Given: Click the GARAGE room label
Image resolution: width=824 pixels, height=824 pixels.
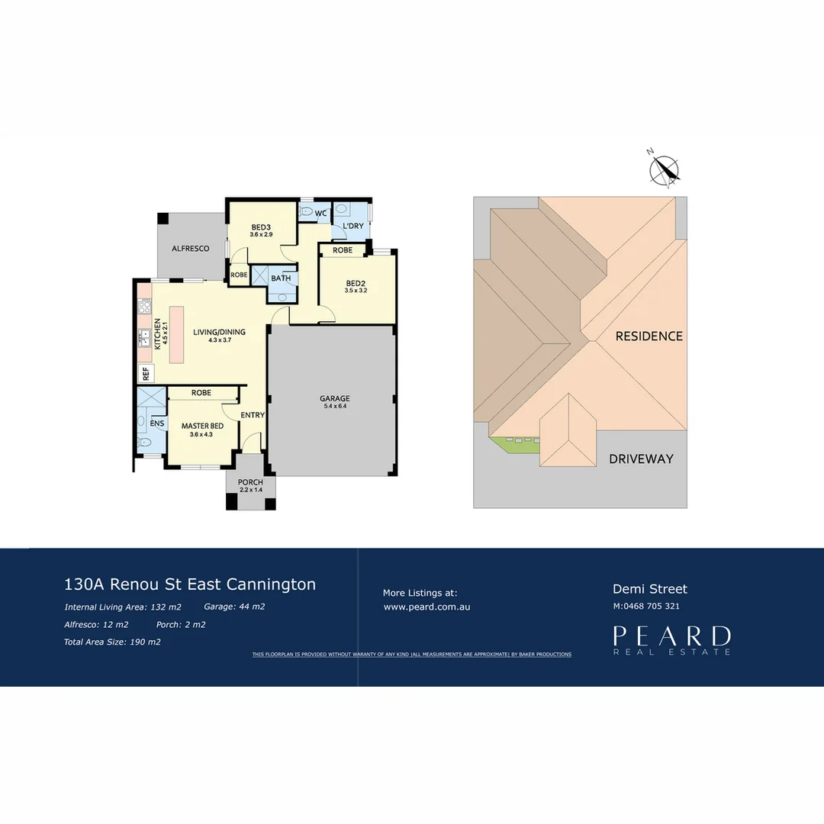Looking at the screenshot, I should (x=334, y=398).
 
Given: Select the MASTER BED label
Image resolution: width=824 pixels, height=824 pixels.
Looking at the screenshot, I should (x=201, y=426).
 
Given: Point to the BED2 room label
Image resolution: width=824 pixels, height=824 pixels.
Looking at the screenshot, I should (x=356, y=283).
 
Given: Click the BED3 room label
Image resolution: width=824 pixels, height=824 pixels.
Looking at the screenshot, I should (x=261, y=227).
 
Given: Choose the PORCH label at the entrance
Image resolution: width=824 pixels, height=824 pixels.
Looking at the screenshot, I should (x=250, y=482).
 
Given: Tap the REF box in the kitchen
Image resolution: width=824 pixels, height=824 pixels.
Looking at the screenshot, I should (x=145, y=373).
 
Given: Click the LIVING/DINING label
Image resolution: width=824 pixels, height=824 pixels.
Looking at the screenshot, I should (x=219, y=332).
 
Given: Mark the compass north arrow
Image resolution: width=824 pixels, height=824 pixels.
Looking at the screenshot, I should (x=665, y=170).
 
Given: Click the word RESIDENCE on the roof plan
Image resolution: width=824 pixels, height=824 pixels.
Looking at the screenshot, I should (x=649, y=336).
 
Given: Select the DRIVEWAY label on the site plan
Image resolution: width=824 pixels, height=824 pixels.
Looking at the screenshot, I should (x=641, y=459).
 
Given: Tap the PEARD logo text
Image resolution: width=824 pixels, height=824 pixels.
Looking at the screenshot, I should (x=671, y=636).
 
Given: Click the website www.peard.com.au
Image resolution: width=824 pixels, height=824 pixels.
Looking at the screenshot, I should (x=426, y=607).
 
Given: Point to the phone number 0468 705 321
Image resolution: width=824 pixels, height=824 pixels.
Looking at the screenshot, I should (x=651, y=607).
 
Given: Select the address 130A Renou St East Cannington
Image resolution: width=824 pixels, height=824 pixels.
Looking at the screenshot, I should (x=190, y=584).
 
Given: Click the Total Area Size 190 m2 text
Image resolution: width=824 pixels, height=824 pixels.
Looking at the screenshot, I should (x=112, y=642).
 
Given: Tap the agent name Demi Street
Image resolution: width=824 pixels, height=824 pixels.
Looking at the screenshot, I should (x=650, y=589).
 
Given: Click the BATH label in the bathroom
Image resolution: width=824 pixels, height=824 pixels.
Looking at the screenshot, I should (x=281, y=278).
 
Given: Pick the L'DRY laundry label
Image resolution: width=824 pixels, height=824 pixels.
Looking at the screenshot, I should (x=352, y=227).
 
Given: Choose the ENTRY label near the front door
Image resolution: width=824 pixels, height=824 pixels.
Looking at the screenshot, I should (x=253, y=415).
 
